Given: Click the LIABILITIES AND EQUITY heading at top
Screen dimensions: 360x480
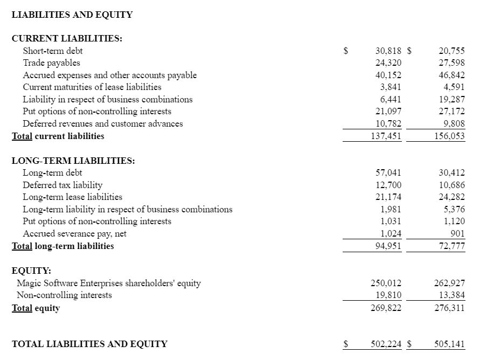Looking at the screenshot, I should pos(72,15).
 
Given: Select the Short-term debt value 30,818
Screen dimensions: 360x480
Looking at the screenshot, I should pos(388,51).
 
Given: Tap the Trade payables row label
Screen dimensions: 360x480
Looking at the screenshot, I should pos(51,63).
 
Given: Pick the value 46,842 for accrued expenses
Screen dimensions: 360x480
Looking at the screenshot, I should pos(451,75).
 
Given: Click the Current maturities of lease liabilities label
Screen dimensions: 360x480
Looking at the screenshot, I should pos(92,87).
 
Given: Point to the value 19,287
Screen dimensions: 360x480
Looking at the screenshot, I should pos(451,100).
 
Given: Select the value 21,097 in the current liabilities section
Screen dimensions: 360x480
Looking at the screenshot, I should pos(388,112).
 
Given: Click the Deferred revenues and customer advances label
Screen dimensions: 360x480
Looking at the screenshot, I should pos(102,124).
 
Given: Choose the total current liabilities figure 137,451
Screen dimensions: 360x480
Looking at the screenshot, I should pos(386,136).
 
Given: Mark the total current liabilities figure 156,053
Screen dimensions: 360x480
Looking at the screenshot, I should pos(449,136).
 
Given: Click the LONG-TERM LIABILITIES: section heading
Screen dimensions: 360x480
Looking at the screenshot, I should pos(73,161).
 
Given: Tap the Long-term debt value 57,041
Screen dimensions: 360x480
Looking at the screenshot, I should pos(388,173).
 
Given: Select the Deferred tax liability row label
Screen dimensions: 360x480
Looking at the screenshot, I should pos(62,185).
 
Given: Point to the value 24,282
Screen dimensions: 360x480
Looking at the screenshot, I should pos(451,197).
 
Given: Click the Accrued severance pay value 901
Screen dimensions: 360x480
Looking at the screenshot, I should pos(456,234).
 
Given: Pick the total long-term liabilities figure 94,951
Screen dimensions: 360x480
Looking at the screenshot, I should pos(388,246).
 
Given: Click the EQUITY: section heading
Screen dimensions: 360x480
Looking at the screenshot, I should pos(31,271).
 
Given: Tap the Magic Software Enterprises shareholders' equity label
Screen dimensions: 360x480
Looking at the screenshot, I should pos(109,283).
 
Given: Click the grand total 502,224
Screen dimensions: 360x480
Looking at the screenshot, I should pos(386,344).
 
